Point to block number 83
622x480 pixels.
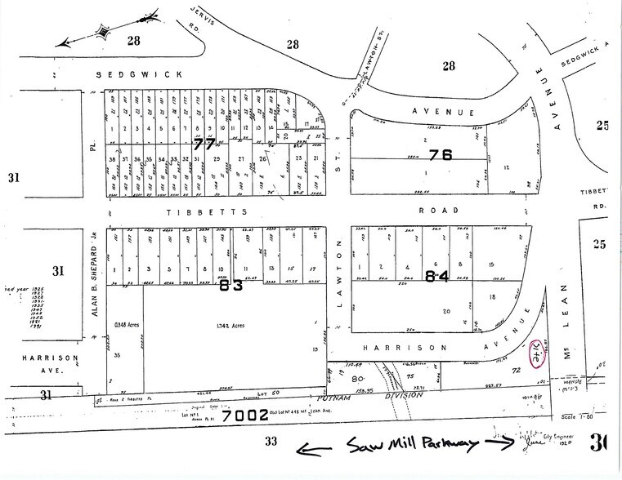click(x=231, y=286)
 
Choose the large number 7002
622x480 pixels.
click(x=245, y=415)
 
